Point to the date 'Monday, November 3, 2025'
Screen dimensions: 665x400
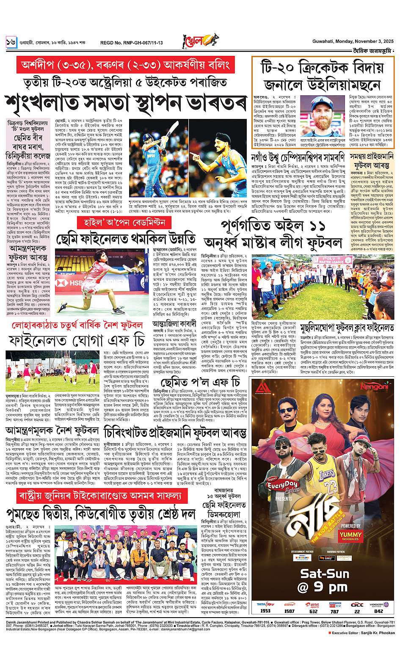pyautogui.click(x=362, y=42)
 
